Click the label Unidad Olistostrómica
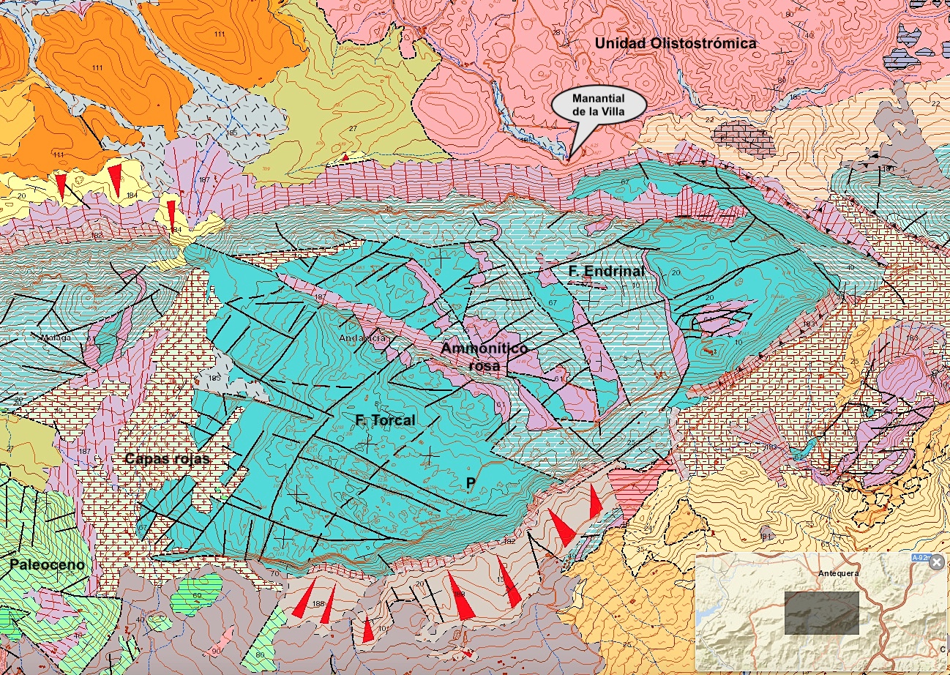[x=675, y=44]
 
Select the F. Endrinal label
[x=606, y=271]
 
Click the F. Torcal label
[x=385, y=420]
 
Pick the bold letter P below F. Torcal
[x=471, y=482]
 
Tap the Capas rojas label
[x=167, y=459]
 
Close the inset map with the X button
[x=936, y=562]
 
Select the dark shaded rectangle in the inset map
[x=821, y=613]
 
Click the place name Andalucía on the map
[x=362, y=339]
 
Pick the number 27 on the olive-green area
[x=352, y=129]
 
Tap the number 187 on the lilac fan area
[x=204, y=179]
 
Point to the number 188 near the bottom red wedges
[x=318, y=604]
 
